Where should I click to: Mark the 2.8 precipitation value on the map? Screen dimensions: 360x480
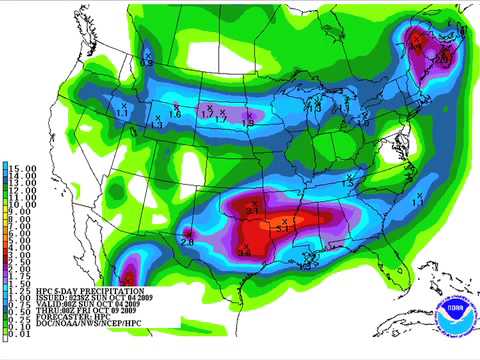point(187,239)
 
